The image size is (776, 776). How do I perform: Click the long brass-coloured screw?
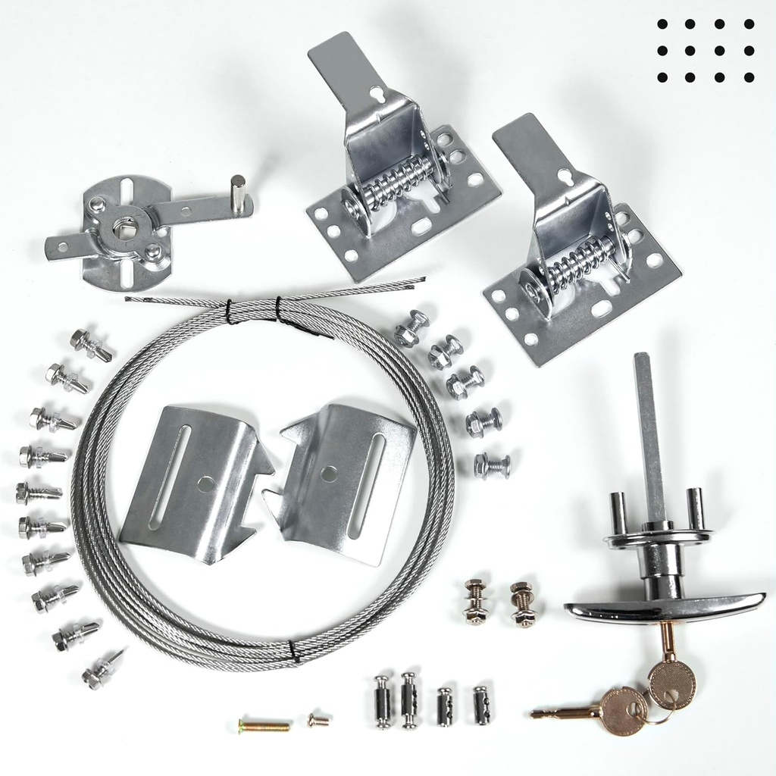264,726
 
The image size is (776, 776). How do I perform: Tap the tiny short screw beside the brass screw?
319,721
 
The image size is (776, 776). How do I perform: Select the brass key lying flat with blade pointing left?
599,711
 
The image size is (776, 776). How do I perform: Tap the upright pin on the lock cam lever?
238,194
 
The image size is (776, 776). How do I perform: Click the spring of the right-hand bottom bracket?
581,261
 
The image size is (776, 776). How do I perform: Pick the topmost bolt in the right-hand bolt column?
412,328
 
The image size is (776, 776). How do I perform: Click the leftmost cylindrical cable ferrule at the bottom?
383,701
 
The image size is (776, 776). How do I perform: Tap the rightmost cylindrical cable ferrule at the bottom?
481,705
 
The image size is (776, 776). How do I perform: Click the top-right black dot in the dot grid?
749,24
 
